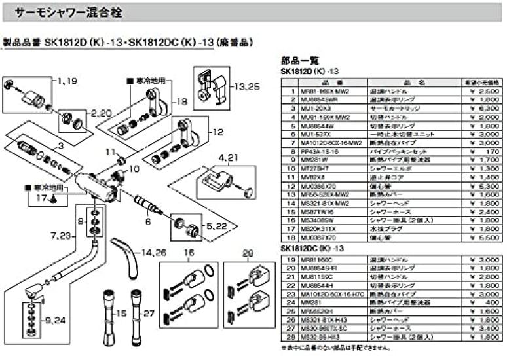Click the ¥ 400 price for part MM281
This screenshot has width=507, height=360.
(x=489, y=302)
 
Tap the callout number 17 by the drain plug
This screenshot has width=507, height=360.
(x=40, y=197)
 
